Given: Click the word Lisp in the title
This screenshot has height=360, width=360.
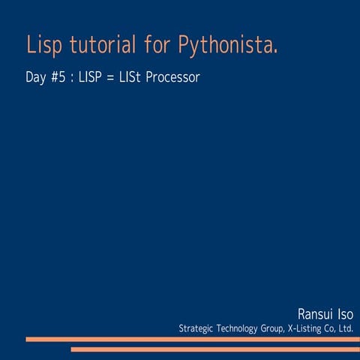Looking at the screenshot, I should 43,45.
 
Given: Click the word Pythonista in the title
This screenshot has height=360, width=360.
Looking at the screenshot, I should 229,46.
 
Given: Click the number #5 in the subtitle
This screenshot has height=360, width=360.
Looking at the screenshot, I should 62,78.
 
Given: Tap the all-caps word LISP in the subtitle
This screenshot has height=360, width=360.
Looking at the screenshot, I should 92,78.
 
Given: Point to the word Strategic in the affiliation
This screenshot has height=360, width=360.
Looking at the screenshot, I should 197,328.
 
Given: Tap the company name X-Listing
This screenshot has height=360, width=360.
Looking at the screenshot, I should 311,328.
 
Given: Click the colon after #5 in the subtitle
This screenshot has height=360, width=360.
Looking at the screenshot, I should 73,79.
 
